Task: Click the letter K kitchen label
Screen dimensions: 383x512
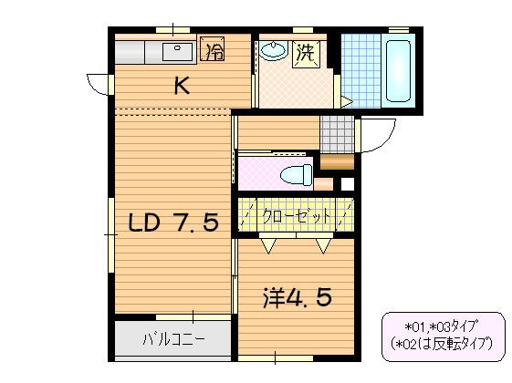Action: (x=182, y=87)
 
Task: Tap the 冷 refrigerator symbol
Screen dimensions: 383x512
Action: (x=213, y=50)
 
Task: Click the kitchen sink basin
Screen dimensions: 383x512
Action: (x=175, y=50)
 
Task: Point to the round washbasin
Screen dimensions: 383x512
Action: (x=272, y=51)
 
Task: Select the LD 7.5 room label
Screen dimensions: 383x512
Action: (x=172, y=223)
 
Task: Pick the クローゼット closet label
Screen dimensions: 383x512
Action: (x=293, y=218)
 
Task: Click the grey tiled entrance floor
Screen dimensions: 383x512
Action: (x=335, y=134)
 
